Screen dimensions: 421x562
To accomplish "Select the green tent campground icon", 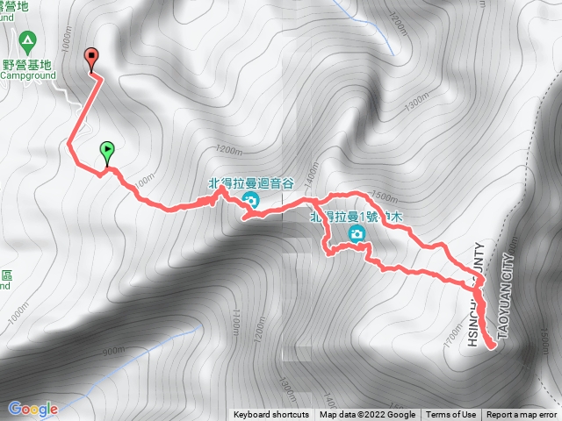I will click(x=27, y=40).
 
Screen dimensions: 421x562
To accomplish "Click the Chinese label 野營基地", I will click(x=26, y=63).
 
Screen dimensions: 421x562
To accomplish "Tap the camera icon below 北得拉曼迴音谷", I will click(x=251, y=201).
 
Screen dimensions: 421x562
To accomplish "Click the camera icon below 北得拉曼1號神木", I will click(x=357, y=232).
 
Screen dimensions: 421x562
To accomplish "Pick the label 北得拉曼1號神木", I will click(x=351, y=217).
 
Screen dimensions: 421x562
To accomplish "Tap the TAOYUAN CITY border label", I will click(x=504, y=289).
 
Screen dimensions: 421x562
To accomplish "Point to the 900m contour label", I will click(x=113, y=352).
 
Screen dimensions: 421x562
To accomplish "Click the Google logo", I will click(x=32, y=409).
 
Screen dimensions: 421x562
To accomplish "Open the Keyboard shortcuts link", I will click(x=270, y=415).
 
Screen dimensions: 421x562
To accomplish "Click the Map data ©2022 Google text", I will click(x=367, y=415).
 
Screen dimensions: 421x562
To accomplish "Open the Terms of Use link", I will click(x=451, y=415).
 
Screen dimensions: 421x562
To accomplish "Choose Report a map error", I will click(x=522, y=415).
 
